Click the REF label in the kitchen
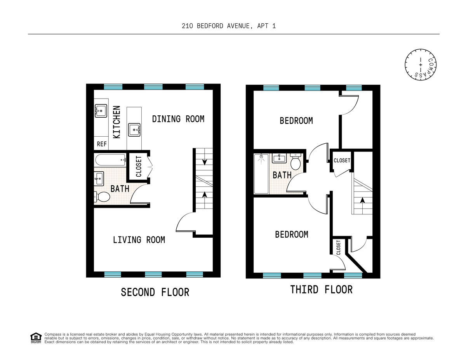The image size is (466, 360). point(102,144)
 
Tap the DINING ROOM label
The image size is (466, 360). point(178,119)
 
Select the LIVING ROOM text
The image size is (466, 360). point(139,240)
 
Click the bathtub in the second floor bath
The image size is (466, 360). point(110,160)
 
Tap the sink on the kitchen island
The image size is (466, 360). point(134,129)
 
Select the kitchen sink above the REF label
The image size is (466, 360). point(101,111)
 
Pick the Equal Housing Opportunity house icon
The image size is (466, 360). point(36,338)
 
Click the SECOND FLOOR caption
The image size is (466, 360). point(155,292)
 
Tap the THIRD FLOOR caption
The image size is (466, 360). point(321,289)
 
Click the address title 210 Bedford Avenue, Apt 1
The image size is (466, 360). point(229,26)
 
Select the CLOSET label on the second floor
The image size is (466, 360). point(139,166)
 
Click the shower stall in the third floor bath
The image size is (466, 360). point(261,174)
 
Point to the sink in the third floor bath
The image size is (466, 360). point(279,158)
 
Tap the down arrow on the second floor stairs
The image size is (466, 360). point(205,162)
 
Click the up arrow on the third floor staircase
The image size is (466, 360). point(362,200)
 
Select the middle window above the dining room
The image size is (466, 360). point(153,87)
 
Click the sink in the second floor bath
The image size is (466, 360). point(99,179)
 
